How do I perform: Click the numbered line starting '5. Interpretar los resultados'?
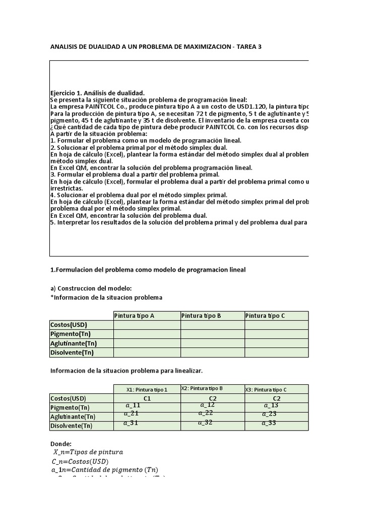point(179,222)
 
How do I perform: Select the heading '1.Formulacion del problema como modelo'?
point(148,270)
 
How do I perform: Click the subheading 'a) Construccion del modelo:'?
point(91,288)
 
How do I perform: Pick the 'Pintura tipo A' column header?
point(135,316)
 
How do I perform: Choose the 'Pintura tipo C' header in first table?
point(265,316)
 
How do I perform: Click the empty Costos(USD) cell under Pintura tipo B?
point(213,325)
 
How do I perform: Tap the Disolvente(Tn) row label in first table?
point(72,353)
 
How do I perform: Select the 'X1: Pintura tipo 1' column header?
point(147,389)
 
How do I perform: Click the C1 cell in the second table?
point(147,398)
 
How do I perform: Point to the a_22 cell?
point(206,413)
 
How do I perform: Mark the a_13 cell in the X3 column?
point(271,405)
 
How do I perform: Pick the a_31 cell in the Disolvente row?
point(131,423)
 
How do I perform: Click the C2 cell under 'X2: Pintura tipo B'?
point(213,398)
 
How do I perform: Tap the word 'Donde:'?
point(61,444)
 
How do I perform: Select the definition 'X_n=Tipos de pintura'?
point(88,452)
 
